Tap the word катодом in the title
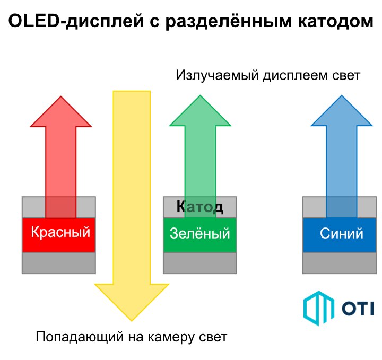click(336, 21)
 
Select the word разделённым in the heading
click(228, 21)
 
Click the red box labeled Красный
click(59, 235)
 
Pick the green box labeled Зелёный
click(200, 235)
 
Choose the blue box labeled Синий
click(340, 235)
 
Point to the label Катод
click(200, 207)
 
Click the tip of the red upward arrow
click(61, 96)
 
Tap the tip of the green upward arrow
click(200, 95)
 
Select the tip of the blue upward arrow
click(342, 95)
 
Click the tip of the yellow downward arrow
click(132, 321)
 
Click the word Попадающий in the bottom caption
click(80, 337)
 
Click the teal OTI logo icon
click(319, 308)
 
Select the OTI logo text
click(358, 309)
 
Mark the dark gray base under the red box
click(59, 263)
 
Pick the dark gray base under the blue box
click(340, 263)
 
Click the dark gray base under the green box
click(200, 263)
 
